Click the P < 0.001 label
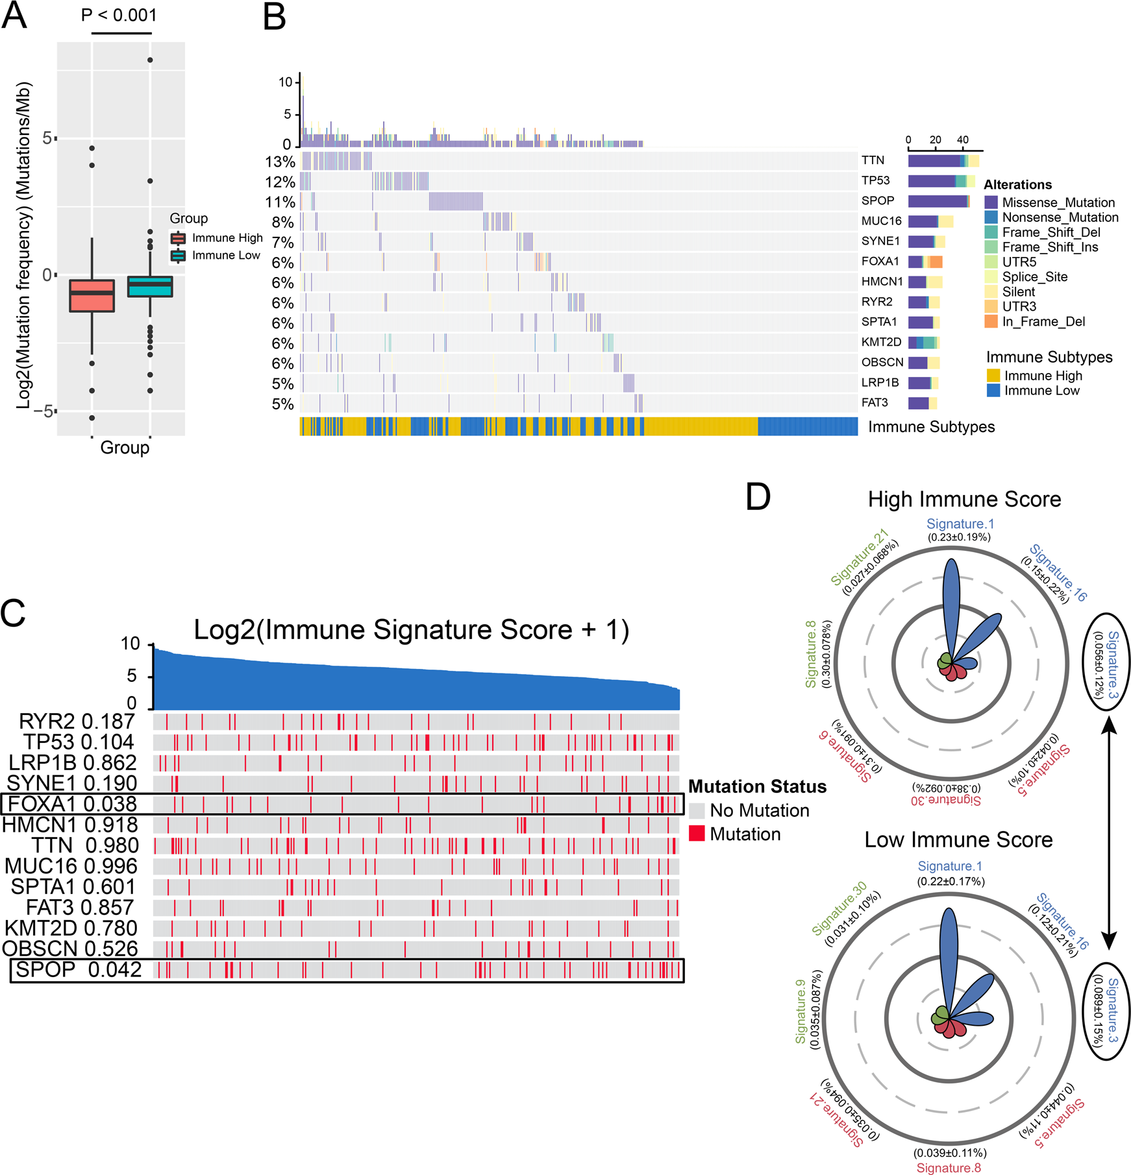coord(119,15)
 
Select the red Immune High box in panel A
coord(92,296)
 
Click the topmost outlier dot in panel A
coord(150,60)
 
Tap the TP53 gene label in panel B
coord(876,180)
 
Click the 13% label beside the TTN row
coord(280,162)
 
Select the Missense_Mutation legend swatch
coord(991,202)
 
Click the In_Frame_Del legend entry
coord(1043,322)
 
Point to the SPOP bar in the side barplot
coord(938,201)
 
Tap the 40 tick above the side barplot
coord(962,140)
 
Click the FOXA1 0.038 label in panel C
coord(71,805)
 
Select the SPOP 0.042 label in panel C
coord(79,970)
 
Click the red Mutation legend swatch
coord(697,834)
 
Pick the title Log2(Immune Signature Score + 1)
coord(411,630)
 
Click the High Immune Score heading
coord(964,499)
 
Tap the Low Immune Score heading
coord(958,840)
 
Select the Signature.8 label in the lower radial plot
coord(949,1168)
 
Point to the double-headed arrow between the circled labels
coord(1110,837)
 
